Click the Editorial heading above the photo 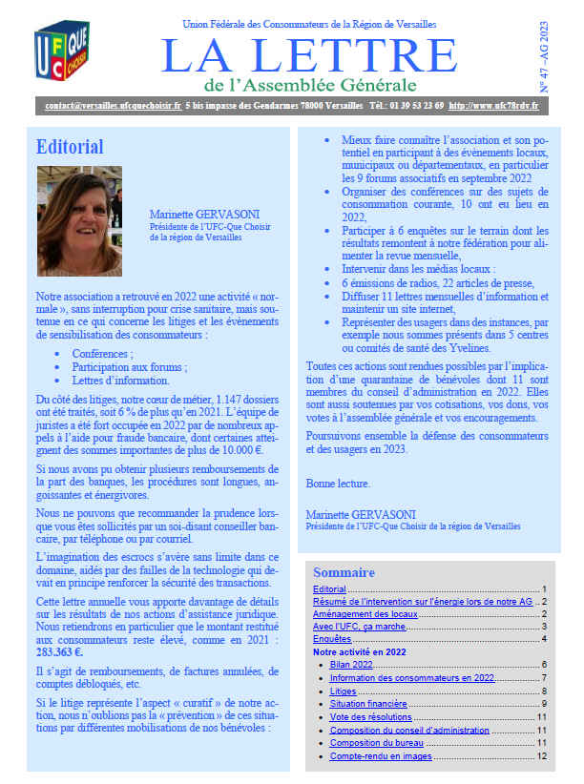click(70, 147)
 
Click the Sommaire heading click(344, 572)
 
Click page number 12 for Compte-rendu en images click(541, 756)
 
